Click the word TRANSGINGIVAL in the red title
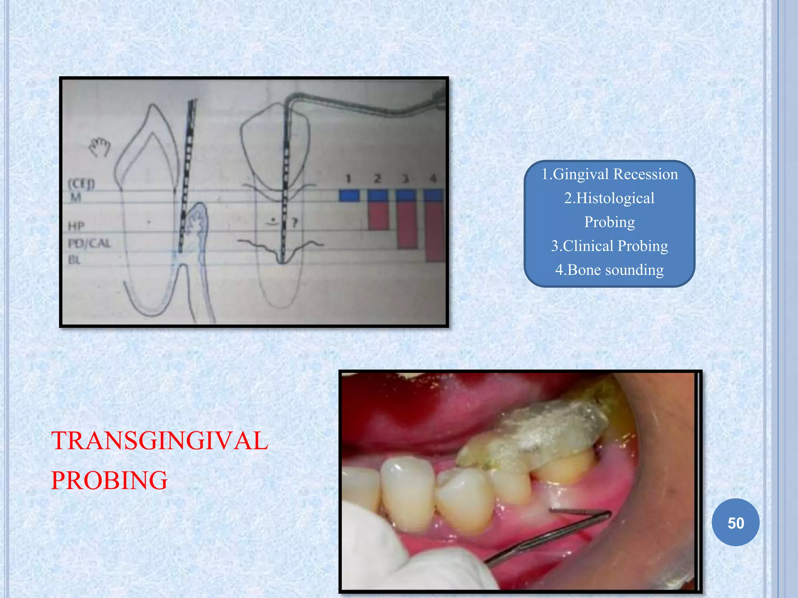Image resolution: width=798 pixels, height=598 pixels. (x=160, y=441)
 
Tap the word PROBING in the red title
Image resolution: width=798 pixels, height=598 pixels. (x=109, y=480)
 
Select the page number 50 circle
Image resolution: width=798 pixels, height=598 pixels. (x=735, y=522)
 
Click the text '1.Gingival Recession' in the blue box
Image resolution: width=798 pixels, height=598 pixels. (x=609, y=174)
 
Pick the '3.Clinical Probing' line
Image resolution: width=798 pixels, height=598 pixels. (x=609, y=246)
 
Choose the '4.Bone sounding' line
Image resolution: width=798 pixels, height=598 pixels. (x=609, y=269)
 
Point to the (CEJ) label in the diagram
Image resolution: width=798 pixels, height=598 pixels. (x=81, y=184)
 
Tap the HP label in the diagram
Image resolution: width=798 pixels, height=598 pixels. (x=76, y=226)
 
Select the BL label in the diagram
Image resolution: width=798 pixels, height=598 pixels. (x=74, y=260)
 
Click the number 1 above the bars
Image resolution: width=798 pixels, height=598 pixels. (x=348, y=179)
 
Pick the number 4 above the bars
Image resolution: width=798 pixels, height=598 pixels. (x=433, y=179)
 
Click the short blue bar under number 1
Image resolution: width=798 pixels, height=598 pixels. (x=349, y=195)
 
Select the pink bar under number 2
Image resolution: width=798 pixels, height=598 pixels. (x=378, y=216)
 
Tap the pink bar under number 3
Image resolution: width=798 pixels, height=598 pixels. (x=407, y=226)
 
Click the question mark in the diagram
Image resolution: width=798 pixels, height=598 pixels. (x=295, y=223)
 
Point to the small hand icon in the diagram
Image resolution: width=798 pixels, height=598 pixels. (x=99, y=147)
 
